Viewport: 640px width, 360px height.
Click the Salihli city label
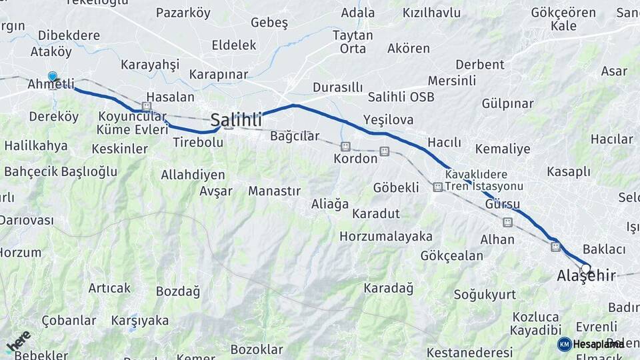[x=236, y=120]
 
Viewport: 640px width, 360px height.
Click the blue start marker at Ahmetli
[x=52, y=77]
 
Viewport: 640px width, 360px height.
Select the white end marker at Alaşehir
[x=585, y=268]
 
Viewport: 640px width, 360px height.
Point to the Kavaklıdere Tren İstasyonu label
[x=484, y=180]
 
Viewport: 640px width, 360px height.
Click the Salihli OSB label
[x=401, y=97]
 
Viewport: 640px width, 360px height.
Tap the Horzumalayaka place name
[x=385, y=237]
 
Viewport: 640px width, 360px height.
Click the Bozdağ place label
[x=177, y=291]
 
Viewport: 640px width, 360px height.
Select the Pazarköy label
[x=183, y=13]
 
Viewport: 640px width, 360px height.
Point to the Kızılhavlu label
[x=431, y=13]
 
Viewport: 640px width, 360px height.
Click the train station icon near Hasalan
[x=147, y=107]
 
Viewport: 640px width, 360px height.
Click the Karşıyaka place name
[x=139, y=321]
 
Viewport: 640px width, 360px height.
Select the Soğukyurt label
[x=485, y=294]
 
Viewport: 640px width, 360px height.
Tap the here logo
[x=19, y=341]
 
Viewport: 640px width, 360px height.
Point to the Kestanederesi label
[x=469, y=352]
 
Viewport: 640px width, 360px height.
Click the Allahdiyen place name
[x=193, y=175]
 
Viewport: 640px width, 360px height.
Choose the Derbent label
[x=479, y=65]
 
